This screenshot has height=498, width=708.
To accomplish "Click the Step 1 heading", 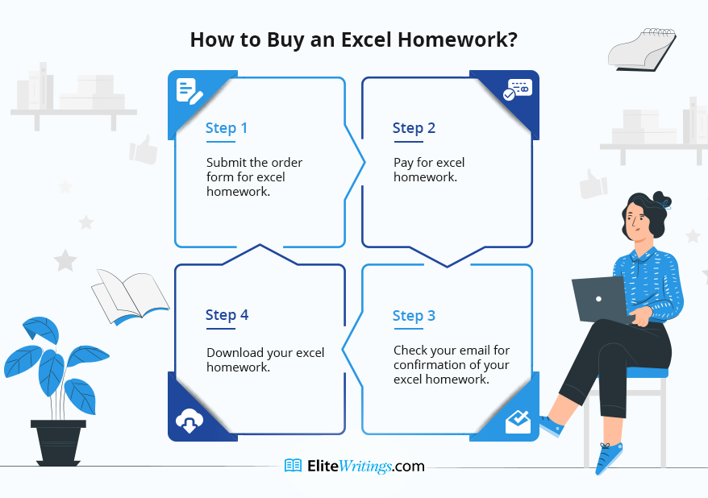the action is coord(227,128).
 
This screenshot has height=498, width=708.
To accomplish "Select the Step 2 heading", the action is coord(414,128).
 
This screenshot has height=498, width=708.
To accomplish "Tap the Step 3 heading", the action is coord(414,316).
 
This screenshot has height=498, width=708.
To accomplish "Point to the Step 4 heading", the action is coord(227,315).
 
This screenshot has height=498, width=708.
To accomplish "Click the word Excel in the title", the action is coord(366,39).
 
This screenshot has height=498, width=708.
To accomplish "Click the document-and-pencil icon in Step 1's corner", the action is coord(189,91).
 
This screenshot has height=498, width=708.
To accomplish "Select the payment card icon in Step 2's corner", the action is coord(518,89).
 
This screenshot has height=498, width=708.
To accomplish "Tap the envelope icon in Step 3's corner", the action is coord(518,421).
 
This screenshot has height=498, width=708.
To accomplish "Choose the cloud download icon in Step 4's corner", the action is coord(189,421).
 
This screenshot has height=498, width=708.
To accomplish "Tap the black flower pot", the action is coord(58,442).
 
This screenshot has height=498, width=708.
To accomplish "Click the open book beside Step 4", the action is coord(130,297).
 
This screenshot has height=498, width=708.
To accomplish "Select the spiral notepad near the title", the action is coord(642,50).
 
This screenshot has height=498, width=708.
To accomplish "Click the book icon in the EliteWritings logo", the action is coord(293,466).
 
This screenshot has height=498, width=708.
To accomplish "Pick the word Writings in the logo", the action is coord(364,466).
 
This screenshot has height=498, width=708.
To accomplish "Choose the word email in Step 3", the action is coord(473,350).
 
